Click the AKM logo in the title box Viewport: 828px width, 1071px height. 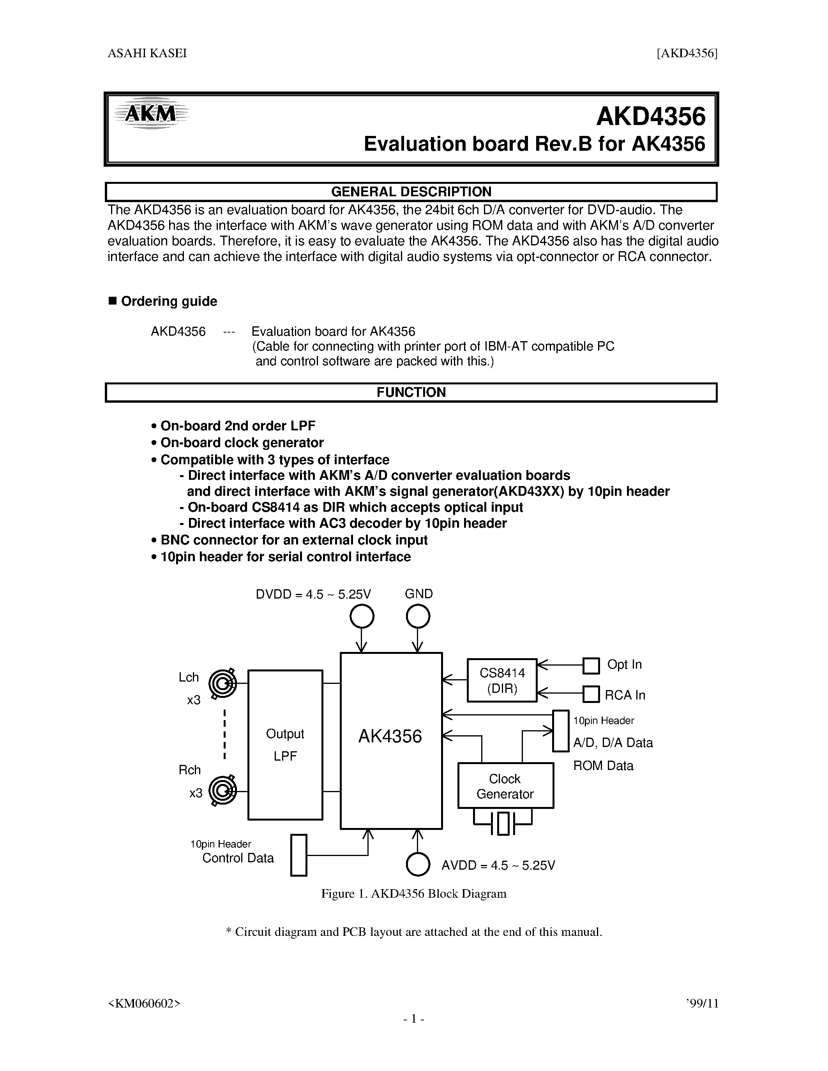tap(150, 113)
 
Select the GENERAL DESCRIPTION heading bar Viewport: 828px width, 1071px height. tap(411, 192)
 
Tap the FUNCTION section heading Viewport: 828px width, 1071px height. tap(411, 392)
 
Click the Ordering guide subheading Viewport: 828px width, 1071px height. tap(169, 301)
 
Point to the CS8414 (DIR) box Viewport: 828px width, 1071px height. tap(502, 680)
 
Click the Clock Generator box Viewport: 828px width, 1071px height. tap(505, 786)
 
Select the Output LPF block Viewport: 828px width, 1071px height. tap(285, 744)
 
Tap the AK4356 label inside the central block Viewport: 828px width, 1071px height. tap(390, 736)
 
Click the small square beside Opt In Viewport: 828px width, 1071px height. tap(591, 666)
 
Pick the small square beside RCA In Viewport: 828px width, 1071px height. tap(591, 694)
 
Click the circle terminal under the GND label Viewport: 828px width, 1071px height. tap(418, 617)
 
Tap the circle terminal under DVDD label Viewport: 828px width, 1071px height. tap(362, 617)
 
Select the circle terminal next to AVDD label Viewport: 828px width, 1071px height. tap(418, 864)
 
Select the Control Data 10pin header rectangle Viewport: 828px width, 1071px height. tap(299, 855)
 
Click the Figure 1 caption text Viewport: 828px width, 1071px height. tap(413, 893)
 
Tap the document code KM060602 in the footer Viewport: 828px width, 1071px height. tap(144, 1003)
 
